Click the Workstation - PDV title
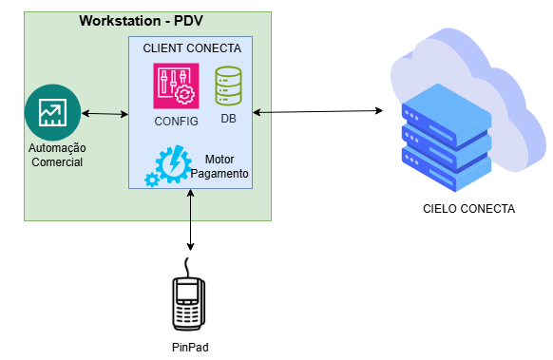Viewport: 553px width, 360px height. pos(141,21)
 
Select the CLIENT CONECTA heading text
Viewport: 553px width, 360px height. pos(192,47)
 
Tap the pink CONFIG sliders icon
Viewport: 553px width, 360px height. pos(176,85)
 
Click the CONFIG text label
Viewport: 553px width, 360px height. pos(176,122)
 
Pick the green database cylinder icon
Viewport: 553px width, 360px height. pos(229,85)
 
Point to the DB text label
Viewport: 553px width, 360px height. pos(228,119)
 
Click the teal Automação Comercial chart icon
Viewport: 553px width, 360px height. pos(53,112)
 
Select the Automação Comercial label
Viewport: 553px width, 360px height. pos(57,155)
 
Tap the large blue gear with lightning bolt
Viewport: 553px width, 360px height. pos(173,164)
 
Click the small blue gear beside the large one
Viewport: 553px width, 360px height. pos(152,180)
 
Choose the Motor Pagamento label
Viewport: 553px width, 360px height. pos(219,166)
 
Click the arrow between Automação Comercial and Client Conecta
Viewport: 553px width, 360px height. pos(105,114)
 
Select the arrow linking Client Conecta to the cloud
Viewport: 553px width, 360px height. pos(317,112)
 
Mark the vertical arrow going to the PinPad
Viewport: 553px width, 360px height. pos(190,220)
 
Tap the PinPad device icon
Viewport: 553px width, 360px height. pos(189,294)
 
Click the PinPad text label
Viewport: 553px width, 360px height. pos(190,348)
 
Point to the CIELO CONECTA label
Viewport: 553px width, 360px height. pos(468,209)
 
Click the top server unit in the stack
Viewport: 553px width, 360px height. pos(447,116)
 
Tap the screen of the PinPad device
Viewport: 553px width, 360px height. pos(187,292)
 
